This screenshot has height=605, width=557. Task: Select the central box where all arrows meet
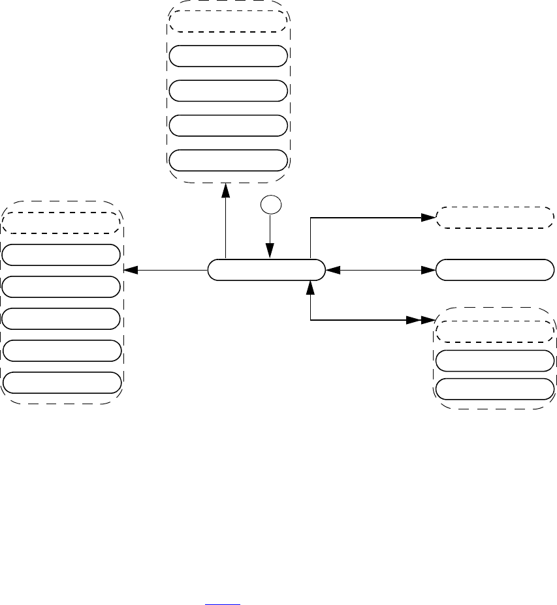coord(266,269)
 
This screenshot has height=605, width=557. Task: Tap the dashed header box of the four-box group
coord(227,21)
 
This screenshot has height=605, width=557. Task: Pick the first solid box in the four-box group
coord(227,56)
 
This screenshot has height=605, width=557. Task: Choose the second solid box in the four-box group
coord(227,90)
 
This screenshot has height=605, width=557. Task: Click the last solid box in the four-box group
coord(227,160)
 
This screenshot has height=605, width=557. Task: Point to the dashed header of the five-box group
coord(61,222)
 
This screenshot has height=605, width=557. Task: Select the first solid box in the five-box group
coord(61,255)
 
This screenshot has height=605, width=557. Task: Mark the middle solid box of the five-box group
coord(61,318)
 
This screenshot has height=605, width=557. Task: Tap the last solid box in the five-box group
coord(61,382)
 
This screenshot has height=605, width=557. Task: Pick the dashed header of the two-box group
coord(494,331)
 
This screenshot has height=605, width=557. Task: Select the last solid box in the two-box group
coord(494,389)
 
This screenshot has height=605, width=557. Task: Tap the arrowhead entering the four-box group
coord(227,189)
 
